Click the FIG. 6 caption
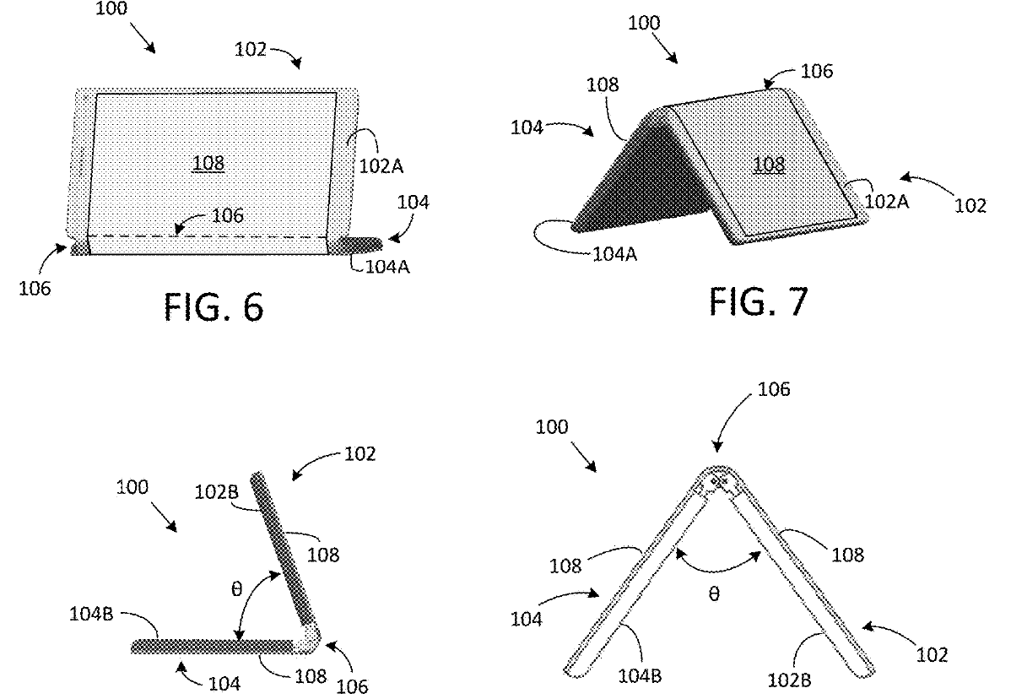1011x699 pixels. [214, 306]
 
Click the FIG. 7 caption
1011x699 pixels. [758, 301]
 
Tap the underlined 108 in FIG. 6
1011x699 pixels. [209, 162]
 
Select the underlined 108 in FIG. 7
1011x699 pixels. [769, 165]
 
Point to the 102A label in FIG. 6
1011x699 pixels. [381, 165]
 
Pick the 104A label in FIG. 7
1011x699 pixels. [614, 254]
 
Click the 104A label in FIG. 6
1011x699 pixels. [387, 266]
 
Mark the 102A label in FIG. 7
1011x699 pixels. [887, 201]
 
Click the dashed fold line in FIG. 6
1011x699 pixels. [208, 236]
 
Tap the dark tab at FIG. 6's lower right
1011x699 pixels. [359, 244]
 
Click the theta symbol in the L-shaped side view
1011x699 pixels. [236, 588]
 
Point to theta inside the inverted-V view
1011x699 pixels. [714, 593]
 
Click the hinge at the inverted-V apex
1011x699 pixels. [716, 481]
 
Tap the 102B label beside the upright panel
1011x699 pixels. [217, 492]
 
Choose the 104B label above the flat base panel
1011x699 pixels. [91, 613]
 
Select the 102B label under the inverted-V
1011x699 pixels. [789, 679]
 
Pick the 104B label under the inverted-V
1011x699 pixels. [640, 675]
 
